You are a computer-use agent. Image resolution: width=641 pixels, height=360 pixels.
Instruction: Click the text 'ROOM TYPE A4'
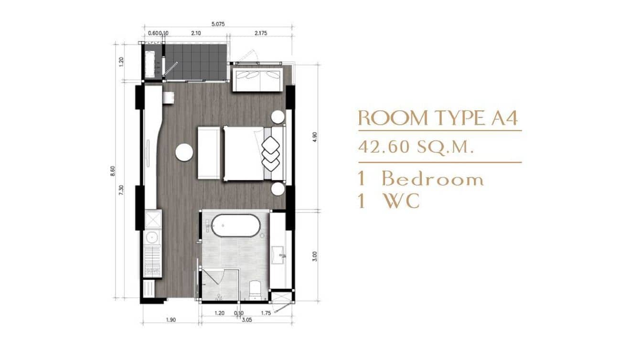coord(438,118)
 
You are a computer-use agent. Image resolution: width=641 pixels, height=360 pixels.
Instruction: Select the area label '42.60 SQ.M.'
coord(416,147)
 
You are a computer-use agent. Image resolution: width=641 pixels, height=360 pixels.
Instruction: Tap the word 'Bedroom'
coord(432,180)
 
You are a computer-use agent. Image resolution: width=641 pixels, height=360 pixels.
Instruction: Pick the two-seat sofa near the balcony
coord(257,79)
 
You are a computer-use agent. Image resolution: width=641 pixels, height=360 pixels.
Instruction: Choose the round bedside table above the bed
coord(278,117)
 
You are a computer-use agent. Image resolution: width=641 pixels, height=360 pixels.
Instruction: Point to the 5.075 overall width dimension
coord(218,24)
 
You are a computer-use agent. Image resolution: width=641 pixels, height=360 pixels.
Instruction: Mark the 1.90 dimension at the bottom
coord(171,319)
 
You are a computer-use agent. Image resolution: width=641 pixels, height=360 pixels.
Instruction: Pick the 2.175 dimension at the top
coord(260,33)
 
